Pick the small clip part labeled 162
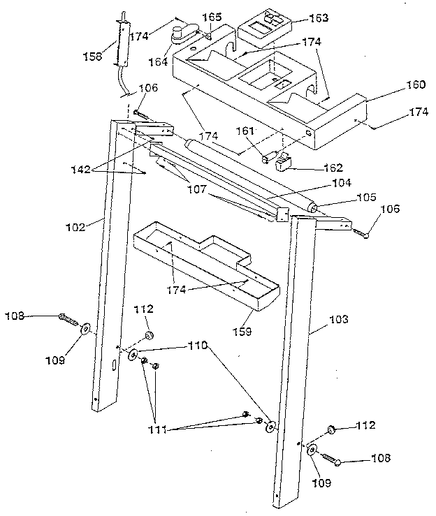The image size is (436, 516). (x=285, y=163)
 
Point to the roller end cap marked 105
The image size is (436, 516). (x=312, y=207)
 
